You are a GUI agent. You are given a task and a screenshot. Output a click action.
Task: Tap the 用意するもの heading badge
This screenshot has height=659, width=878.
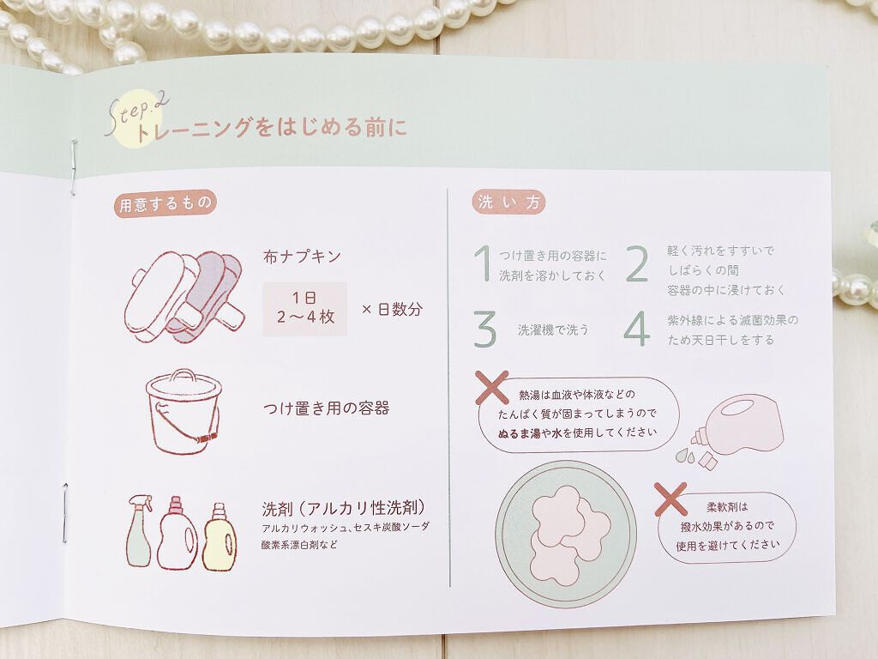(x=165, y=203)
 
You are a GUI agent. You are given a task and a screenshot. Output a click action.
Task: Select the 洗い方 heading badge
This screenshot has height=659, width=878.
(x=508, y=202)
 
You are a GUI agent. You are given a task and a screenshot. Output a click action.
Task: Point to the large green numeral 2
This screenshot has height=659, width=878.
(x=637, y=263)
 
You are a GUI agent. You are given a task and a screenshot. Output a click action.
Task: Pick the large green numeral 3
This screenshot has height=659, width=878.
(x=485, y=329)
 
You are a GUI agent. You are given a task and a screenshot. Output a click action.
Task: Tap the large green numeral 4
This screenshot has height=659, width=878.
(x=637, y=329)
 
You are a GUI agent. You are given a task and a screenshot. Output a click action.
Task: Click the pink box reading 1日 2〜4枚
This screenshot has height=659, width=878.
(x=305, y=308)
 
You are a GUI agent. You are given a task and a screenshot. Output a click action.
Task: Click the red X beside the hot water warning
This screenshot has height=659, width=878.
(x=491, y=387)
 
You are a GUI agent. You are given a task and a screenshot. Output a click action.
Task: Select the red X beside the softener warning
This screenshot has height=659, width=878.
(x=671, y=499)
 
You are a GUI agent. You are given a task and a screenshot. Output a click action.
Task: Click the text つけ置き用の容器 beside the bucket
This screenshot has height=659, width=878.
(x=326, y=408)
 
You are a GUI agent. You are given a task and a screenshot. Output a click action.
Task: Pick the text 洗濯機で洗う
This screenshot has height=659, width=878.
(x=553, y=330)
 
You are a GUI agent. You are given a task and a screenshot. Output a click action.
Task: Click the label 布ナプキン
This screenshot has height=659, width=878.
(x=302, y=256)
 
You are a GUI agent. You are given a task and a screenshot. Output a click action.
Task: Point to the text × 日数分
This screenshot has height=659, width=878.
(x=392, y=309)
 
